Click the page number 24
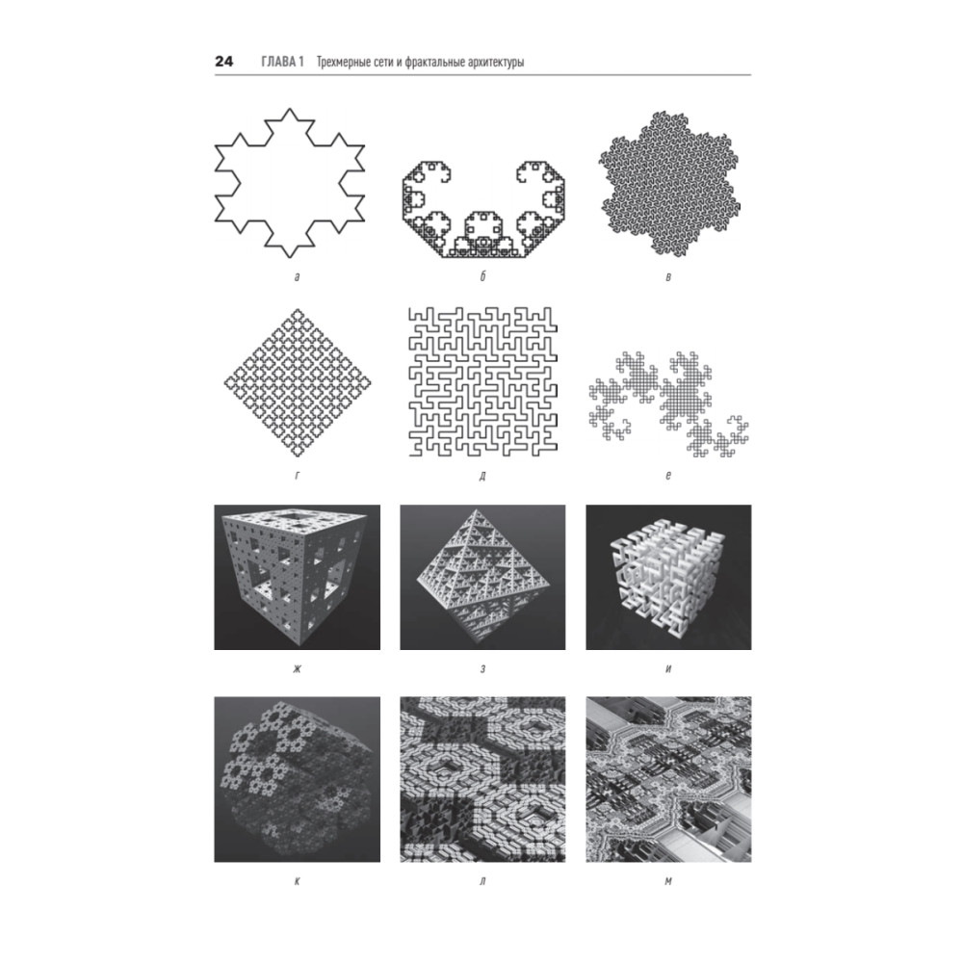pos(223,62)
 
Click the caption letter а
pos(298,277)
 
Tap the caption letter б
pos(482,276)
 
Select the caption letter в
pos(668,277)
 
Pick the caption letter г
pos(298,476)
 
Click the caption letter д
pos(482,476)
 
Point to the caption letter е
pos(668,476)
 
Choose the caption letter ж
pos(298,668)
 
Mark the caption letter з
pos(482,668)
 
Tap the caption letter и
pos(668,668)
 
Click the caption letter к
pos(298,881)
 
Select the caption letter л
pos(482,881)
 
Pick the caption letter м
pos(668,881)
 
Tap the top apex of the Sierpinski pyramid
pos(474,508)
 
